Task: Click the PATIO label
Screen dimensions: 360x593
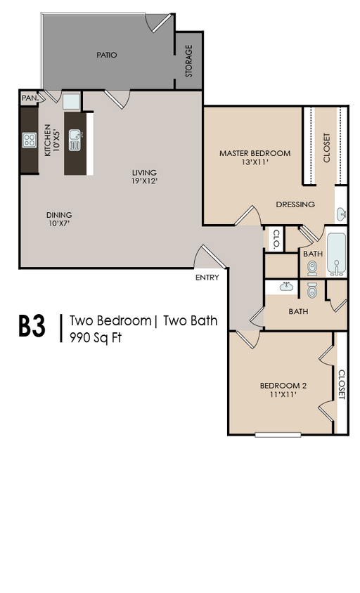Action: pyautogui.click(x=106, y=56)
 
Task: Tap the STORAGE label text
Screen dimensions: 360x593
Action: pyautogui.click(x=188, y=61)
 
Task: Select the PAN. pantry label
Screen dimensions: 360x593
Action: pyautogui.click(x=30, y=98)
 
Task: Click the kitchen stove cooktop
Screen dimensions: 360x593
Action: pyautogui.click(x=29, y=140)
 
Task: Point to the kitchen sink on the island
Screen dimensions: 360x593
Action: pyautogui.click(x=75, y=140)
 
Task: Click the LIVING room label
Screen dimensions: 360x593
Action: pyautogui.click(x=144, y=173)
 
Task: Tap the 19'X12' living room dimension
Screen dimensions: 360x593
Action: pyautogui.click(x=144, y=181)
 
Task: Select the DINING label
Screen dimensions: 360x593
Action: pyautogui.click(x=59, y=215)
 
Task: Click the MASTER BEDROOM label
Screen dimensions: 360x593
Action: pyautogui.click(x=255, y=154)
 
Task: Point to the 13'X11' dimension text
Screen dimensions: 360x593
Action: pyautogui.click(x=255, y=162)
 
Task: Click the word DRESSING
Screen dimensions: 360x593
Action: pyautogui.click(x=295, y=204)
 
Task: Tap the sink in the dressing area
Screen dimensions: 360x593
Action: pyautogui.click(x=341, y=214)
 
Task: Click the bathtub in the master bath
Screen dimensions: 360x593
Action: pyautogui.click(x=336, y=254)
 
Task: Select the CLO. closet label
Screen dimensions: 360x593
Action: pyautogui.click(x=277, y=239)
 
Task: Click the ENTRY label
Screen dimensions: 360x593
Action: pyautogui.click(x=207, y=278)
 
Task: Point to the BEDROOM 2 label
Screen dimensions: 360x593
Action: pyautogui.click(x=283, y=386)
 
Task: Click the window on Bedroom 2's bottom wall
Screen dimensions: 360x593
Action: pyautogui.click(x=278, y=435)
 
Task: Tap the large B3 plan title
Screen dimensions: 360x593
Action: pyautogui.click(x=32, y=326)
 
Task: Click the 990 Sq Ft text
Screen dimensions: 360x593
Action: pyautogui.click(x=96, y=337)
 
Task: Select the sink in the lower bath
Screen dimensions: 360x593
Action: pyautogui.click(x=287, y=287)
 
